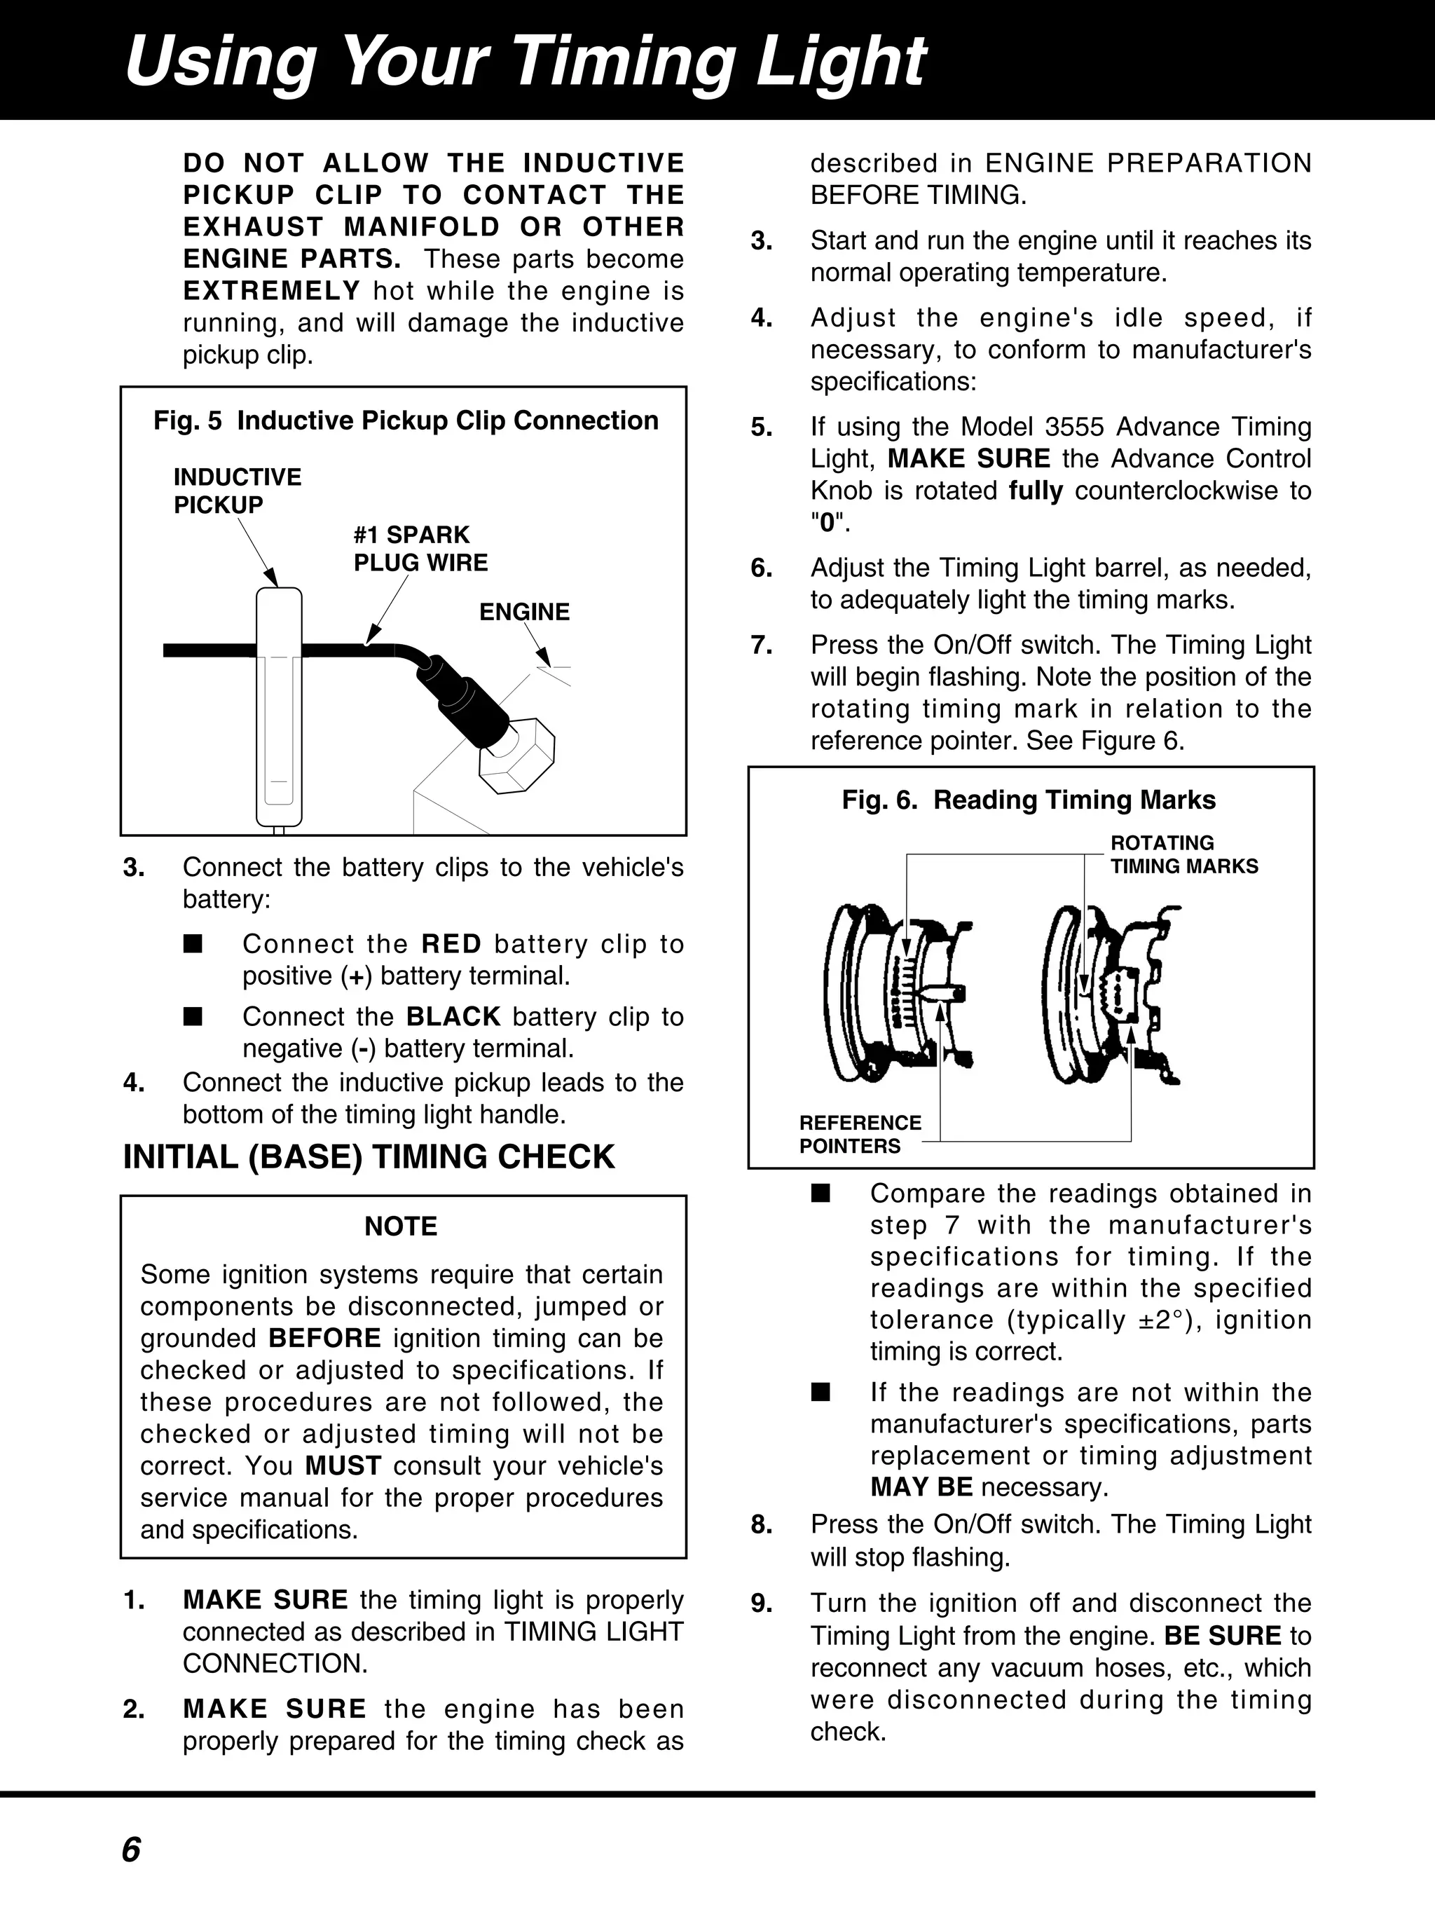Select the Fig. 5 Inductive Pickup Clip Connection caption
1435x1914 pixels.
(x=406, y=421)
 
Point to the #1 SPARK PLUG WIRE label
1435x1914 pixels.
(x=420, y=549)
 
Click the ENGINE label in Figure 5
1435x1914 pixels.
(x=524, y=612)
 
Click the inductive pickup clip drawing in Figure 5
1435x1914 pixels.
(x=279, y=705)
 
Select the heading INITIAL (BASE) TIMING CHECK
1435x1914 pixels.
(x=369, y=1157)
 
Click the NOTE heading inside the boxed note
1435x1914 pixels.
(x=401, y=1226)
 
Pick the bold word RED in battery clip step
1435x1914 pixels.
(x=451, y=944)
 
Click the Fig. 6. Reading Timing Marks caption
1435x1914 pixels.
(x=1029, y=800)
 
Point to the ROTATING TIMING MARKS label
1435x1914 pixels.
(x=1183, y=854)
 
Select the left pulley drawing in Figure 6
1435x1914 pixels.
(x=891, y=995)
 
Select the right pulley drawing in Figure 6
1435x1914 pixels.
(x=1111, y=995)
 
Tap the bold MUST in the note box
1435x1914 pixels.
(x=343, y=1465)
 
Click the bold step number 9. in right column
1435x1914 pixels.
(x=761, y=1604)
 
